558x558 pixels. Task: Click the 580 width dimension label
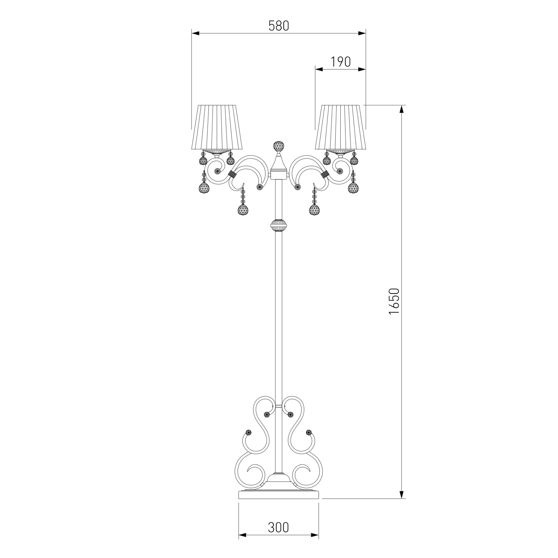[279, 26]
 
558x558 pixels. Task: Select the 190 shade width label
[341, 62]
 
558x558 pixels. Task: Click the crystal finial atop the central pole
[278, 147]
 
